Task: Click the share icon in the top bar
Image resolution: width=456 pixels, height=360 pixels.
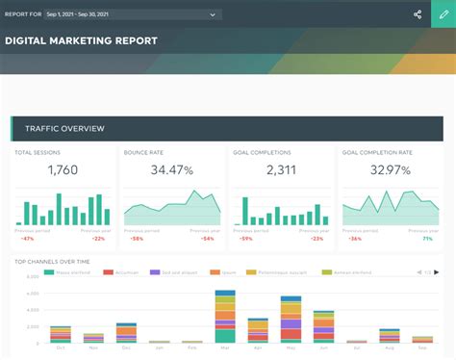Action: click(418, 14)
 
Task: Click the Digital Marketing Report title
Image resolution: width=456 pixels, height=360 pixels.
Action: click(81, 41)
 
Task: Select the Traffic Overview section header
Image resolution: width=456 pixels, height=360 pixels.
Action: click(64, 129)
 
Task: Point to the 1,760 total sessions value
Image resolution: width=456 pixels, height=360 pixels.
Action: click(63, 170)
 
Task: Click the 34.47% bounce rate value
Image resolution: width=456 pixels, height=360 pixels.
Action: click(171, 170)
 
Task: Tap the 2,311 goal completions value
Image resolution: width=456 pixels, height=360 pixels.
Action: click(281, 170)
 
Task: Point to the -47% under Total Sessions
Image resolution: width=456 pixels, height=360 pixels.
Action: click(27, 238)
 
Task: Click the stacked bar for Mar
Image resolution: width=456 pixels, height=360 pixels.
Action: click(225, 317)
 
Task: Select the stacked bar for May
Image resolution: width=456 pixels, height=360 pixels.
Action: click(291, 319)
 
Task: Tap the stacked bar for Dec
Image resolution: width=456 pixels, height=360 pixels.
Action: click(126, 333)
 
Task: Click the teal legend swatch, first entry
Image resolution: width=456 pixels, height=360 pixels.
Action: click(49, 273)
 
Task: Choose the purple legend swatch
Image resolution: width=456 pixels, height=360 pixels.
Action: click(155, 273)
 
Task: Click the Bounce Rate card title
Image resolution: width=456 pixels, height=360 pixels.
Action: click(143, 153)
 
